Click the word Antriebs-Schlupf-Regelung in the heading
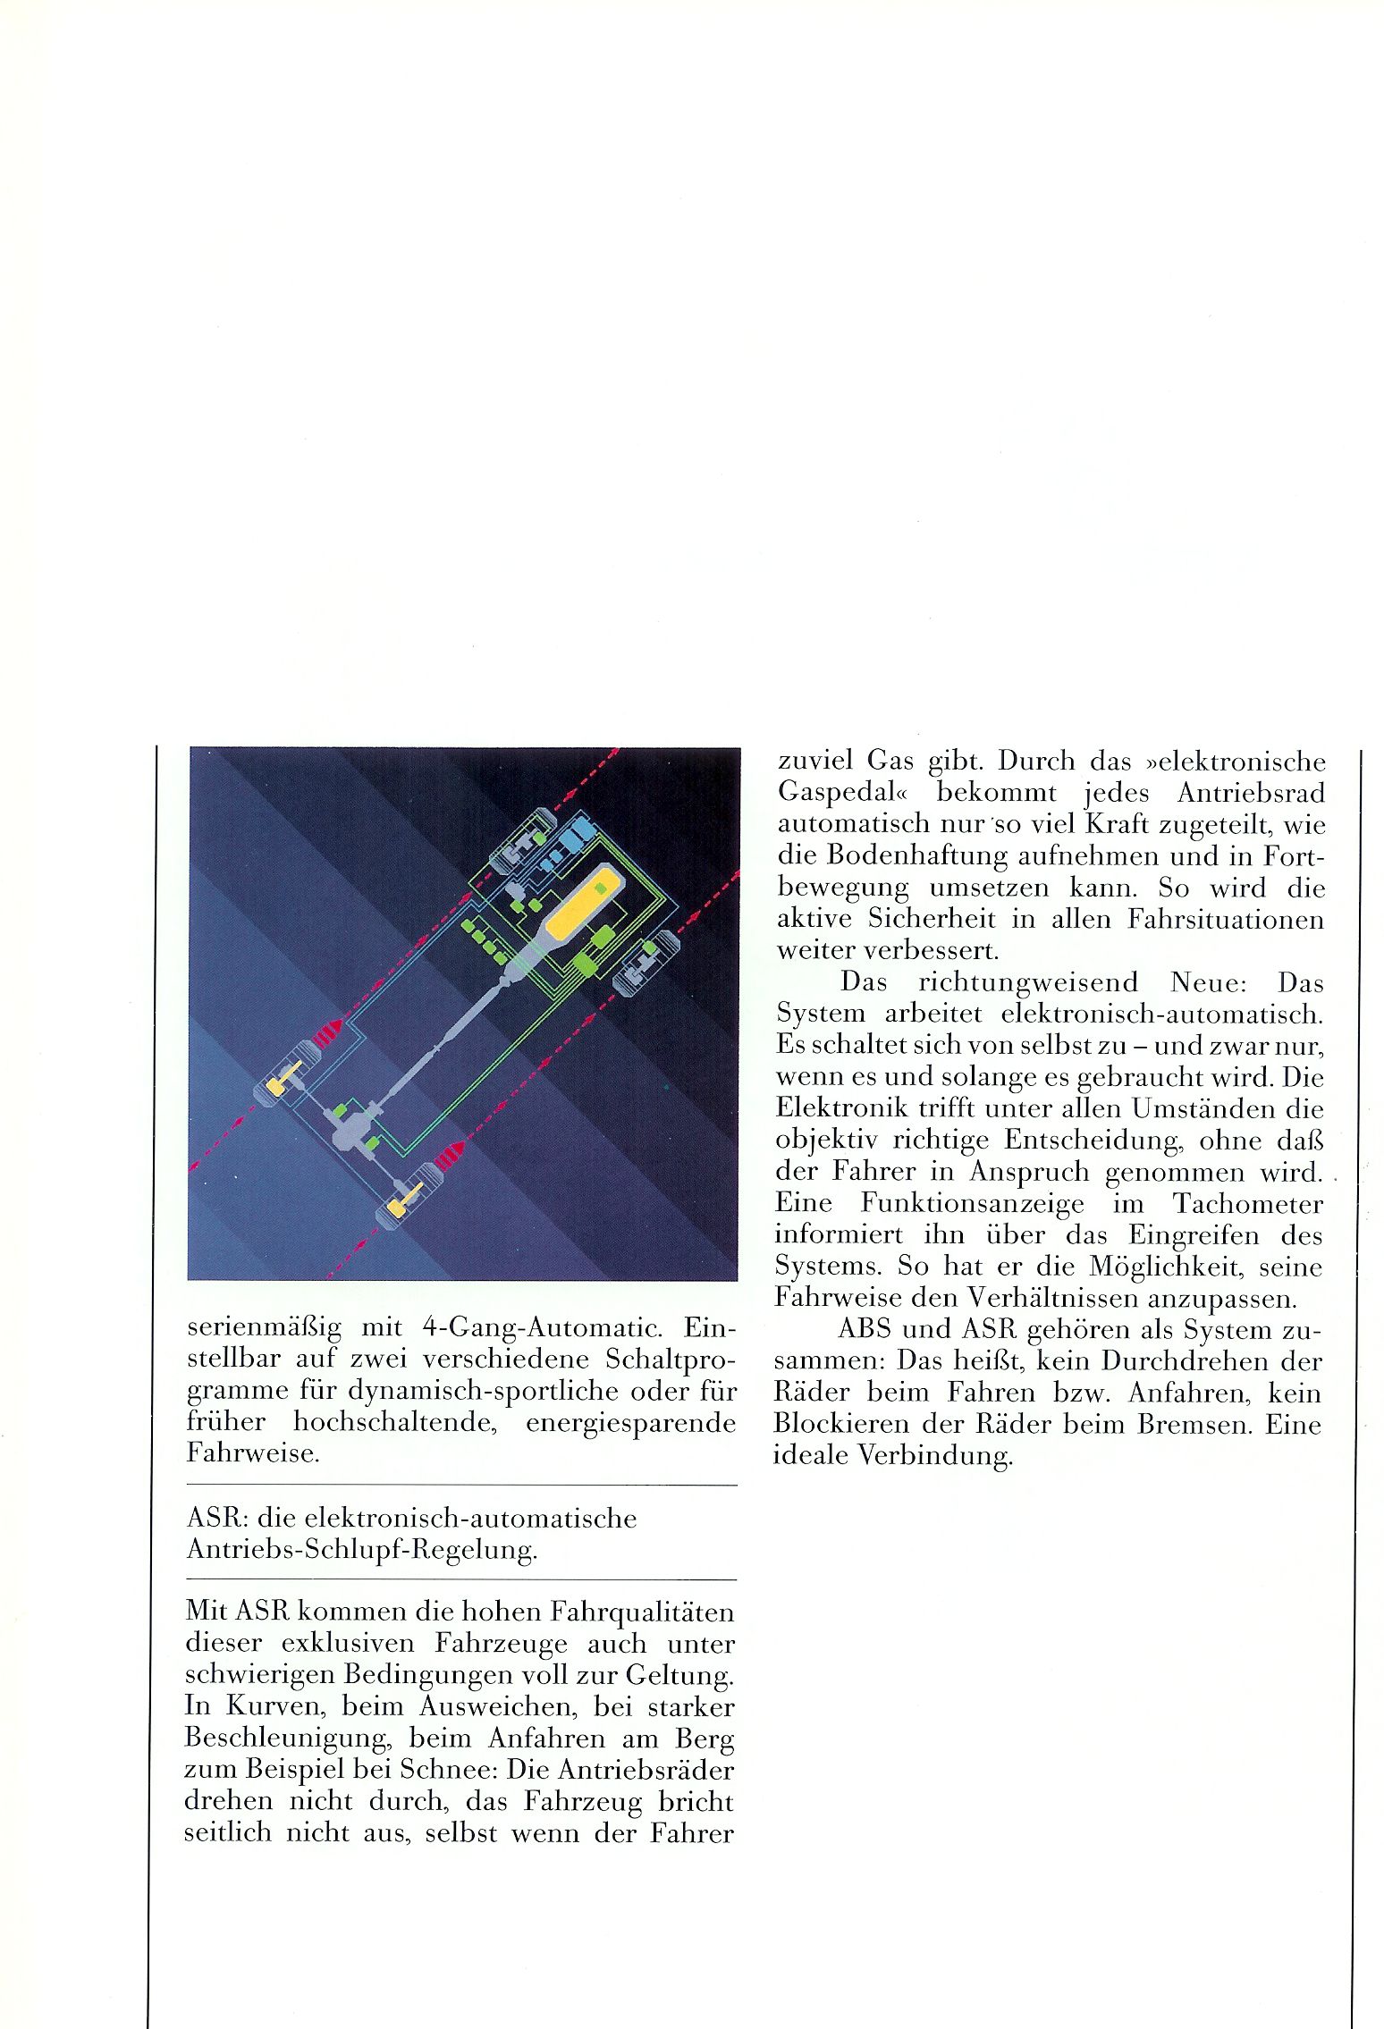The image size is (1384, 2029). coord(362,1549)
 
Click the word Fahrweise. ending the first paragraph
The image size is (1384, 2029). coord(253,1452)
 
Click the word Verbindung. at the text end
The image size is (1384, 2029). coord(935,1455)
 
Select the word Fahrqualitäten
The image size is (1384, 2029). coord(641,1612)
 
